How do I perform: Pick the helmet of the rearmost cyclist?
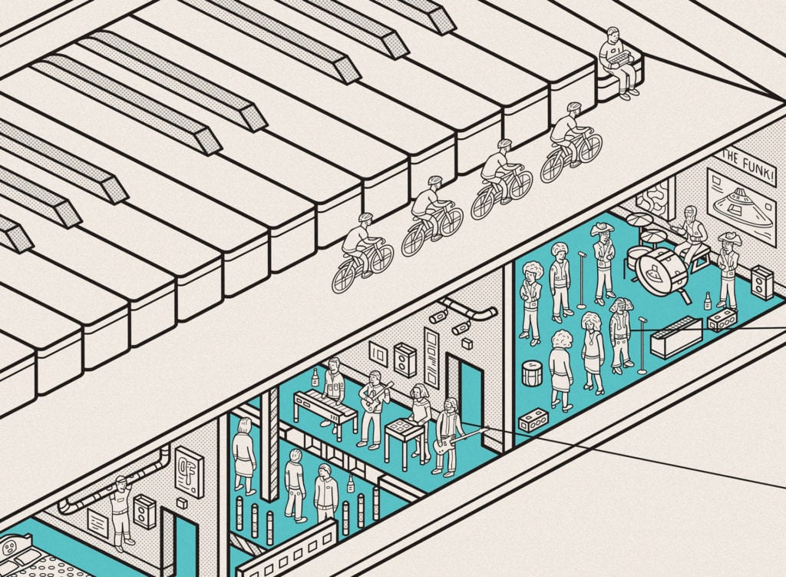click(x=366, y=217)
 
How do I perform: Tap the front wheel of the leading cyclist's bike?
click(x=590, y=148)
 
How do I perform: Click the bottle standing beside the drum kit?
click(x=707, y=300)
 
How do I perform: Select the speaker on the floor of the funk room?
click(x=761, y=283)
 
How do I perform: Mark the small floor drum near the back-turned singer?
click(x=533, y=373)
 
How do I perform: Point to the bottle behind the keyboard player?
click(x=315, y=378)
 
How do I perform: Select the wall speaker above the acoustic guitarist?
click(x=405, y=359)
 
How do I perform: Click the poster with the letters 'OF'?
click(x=189, y=471)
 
